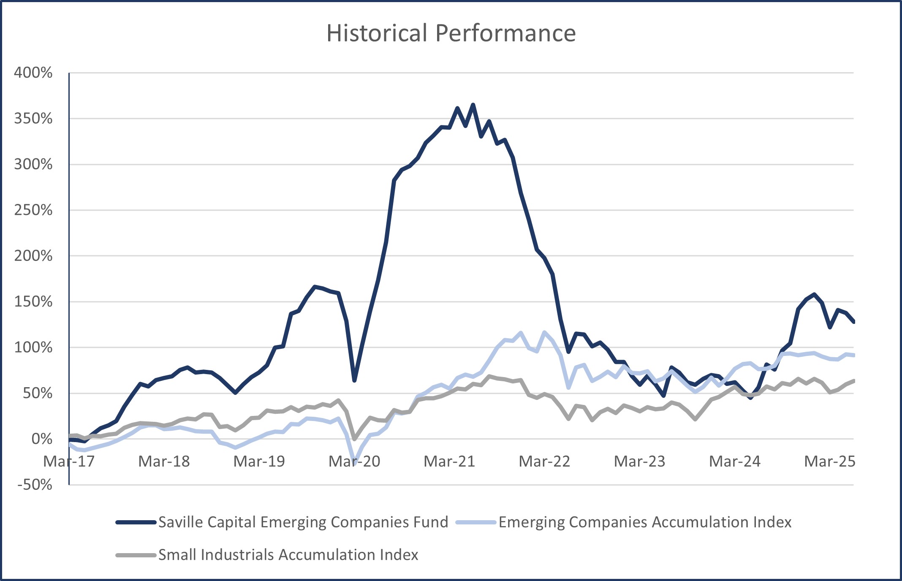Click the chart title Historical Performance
point(451,33)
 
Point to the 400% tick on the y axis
point(33,73)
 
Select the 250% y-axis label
point(33,210)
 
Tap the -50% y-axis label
point(35,485)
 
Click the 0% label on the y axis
point(42,439)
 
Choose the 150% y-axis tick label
point(33,301)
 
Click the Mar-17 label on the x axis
point(69,462)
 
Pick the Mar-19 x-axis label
point(259,462)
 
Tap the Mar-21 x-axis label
point(449,462)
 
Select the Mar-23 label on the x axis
point(639,462)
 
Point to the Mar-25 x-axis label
point(829,462)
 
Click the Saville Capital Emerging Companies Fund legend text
point(303,522)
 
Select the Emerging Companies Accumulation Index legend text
point(645,522)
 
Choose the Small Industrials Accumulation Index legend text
point(288,555)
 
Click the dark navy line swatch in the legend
point(136,523)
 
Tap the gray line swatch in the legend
point(136,555)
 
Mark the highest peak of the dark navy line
point(473,105)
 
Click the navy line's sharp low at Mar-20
point(354,380)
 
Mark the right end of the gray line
point(853,381)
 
